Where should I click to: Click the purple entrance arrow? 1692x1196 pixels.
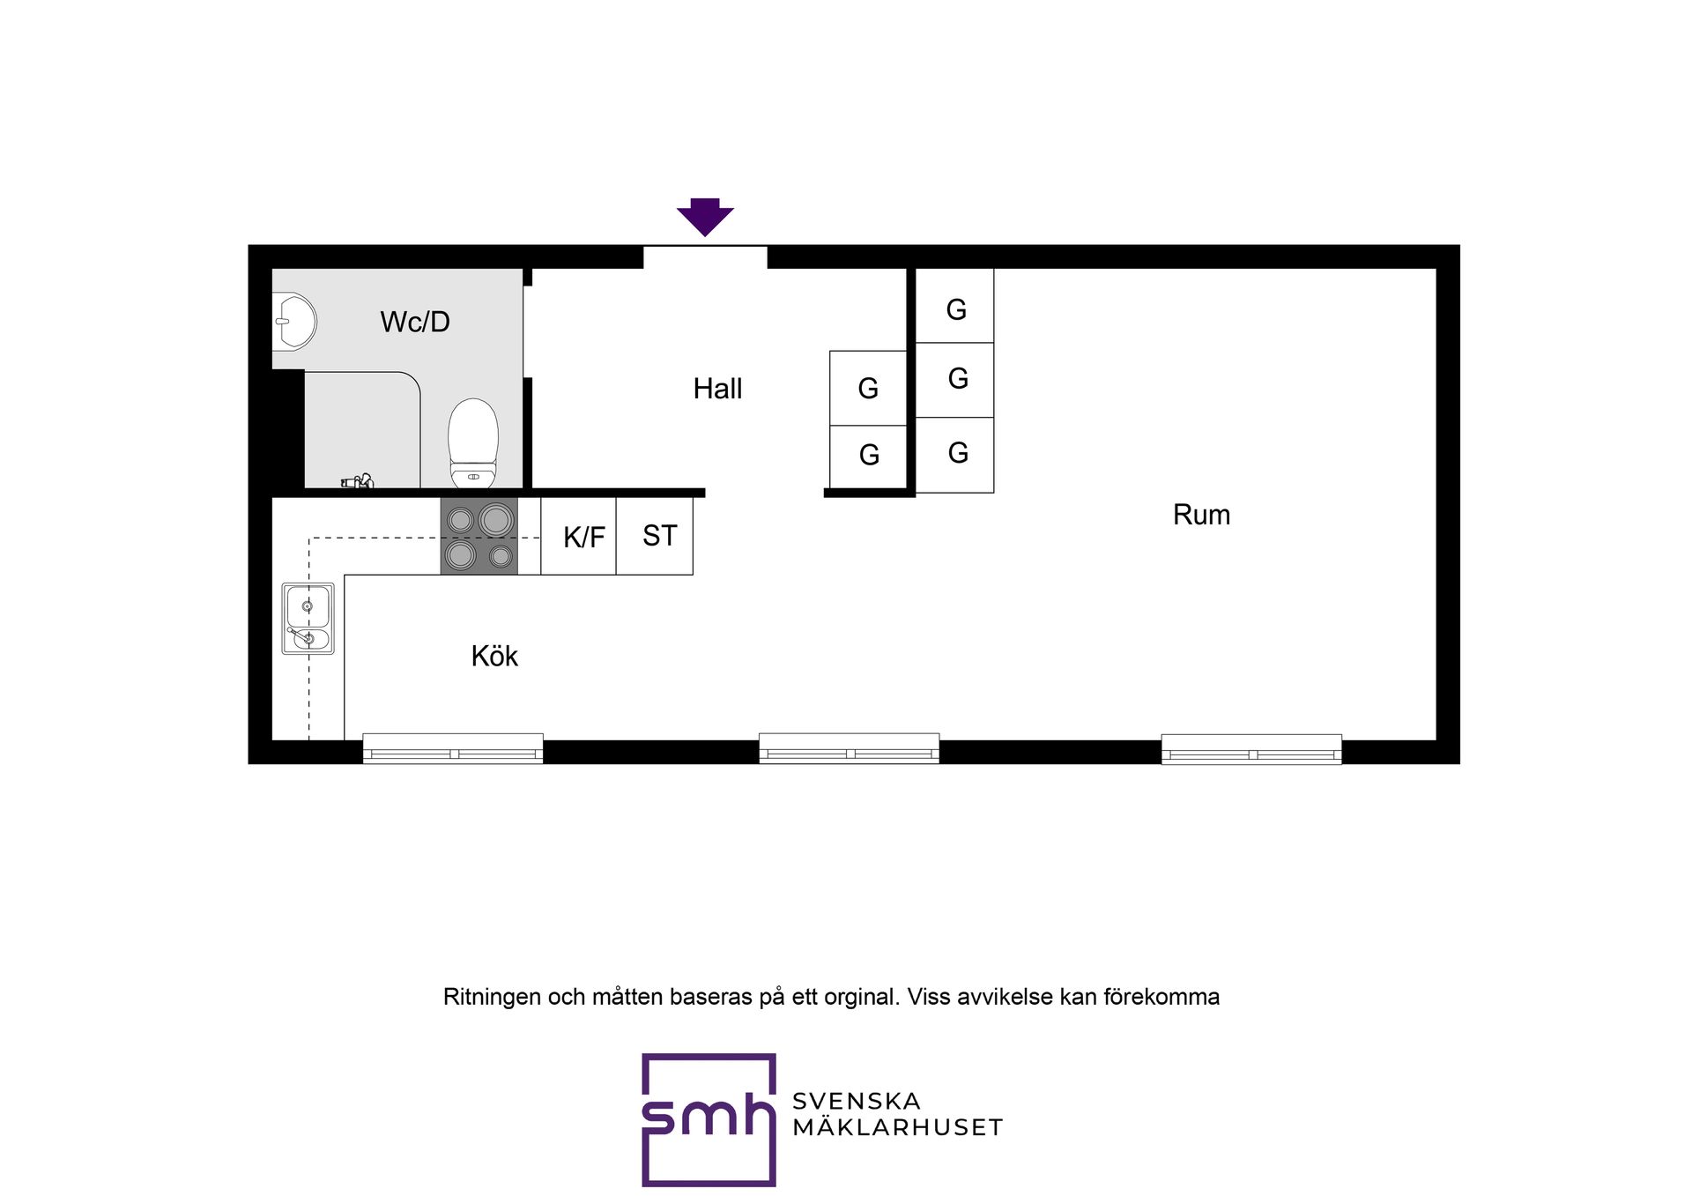705,217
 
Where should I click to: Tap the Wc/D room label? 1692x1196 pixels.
415,322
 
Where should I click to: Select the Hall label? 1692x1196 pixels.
717,389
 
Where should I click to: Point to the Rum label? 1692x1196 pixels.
1201,515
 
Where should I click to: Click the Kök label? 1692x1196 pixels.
494,656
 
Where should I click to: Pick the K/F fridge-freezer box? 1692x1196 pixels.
578,536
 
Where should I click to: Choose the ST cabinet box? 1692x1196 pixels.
655,536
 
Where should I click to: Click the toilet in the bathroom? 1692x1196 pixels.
473,443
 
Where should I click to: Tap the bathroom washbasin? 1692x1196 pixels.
294,322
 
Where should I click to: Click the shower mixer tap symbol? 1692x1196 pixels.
357,481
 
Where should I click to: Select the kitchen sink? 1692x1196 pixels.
308,618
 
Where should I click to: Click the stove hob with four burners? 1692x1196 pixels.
479,536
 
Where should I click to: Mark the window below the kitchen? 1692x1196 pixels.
453,748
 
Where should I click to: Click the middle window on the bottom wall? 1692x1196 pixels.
850,748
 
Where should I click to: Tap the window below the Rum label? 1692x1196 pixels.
1251,748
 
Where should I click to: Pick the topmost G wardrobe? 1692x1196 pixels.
955,306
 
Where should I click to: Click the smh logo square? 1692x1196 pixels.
709,1119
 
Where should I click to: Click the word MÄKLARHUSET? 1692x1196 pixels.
897,1127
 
